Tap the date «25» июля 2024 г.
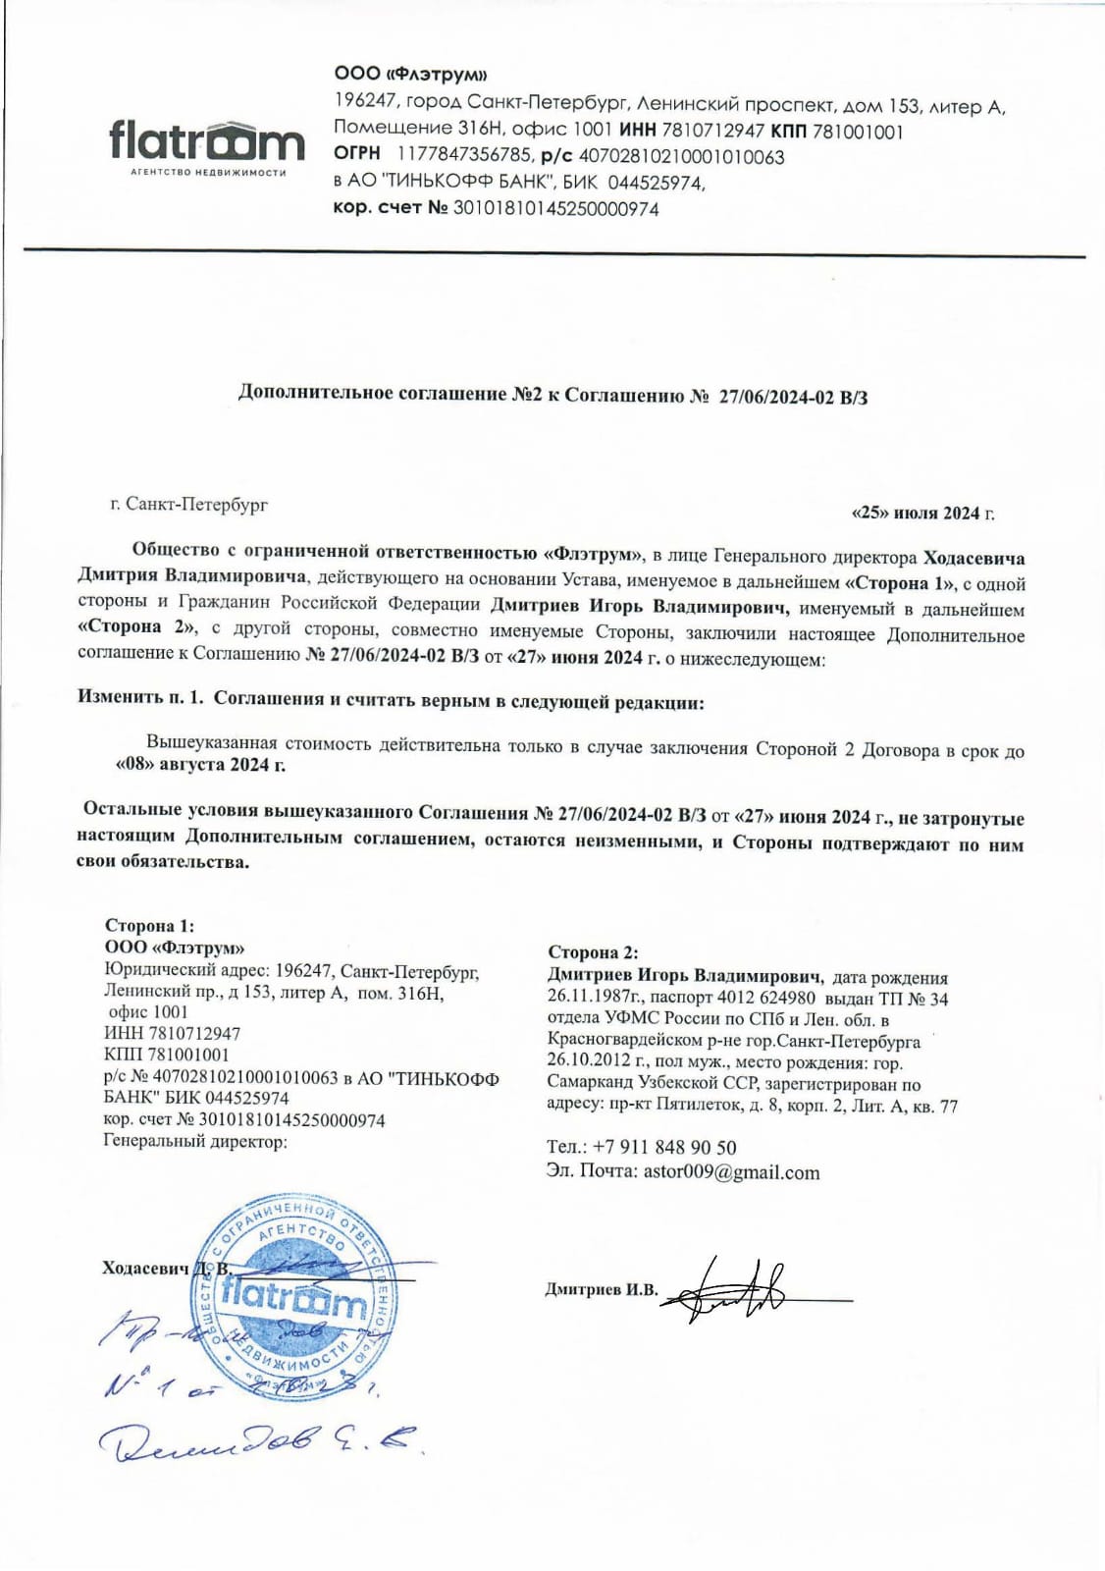coord(921,513)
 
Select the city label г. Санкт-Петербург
coord(188,505)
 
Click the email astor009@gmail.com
coord(731,1171)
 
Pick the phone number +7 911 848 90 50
coord(664,1147)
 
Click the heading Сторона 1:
coord(149,925)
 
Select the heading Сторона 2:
coord(593,951)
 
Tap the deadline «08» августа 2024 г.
coord(201,765)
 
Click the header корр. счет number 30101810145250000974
coord(555,208)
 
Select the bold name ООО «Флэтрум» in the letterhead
coord(410,74)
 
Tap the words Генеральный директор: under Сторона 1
coord(195,1141)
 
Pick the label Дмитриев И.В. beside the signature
coord(601,1289)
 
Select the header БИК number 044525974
coord(656,183)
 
